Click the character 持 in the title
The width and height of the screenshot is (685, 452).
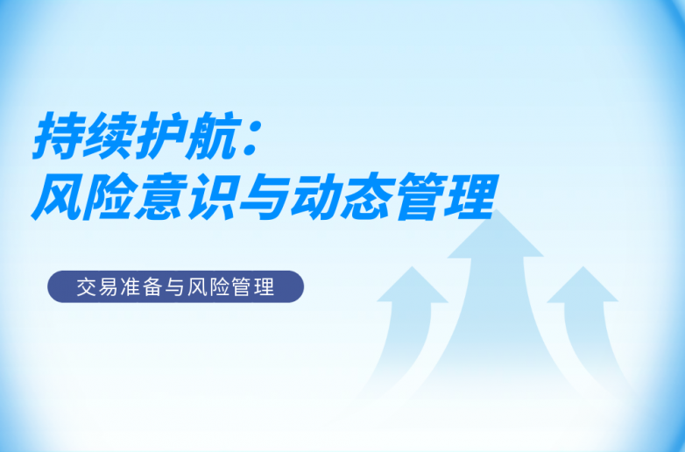(x=57, y=136)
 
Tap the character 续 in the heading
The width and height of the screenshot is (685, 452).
(x=108, y=136)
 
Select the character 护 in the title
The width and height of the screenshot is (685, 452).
(x=159, y=136)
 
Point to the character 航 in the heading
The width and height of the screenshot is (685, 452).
(x=209, y=136)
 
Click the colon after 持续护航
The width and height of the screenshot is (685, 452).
(x=251, y=139)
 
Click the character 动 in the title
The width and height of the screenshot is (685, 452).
(x=314, y=196)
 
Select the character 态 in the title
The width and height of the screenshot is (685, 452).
(x=365, y=196)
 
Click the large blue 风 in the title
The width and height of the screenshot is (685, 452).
(x=57, y=196)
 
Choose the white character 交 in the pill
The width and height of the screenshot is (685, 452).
(x=86, y=287)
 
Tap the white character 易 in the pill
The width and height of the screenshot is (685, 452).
(x=108, y=287)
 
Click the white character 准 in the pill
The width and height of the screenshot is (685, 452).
(x=130, y=287)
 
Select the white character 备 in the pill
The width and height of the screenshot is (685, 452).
(x=152, y=287)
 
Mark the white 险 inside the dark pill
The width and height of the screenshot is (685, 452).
(x=219, y=287)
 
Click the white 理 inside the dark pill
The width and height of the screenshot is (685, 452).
(x=264, y=287)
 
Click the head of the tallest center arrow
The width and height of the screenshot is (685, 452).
(x=496, y=236)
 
